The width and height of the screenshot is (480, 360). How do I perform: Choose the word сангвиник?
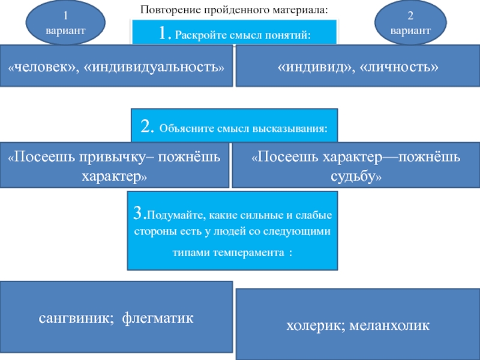click(74, 317)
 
